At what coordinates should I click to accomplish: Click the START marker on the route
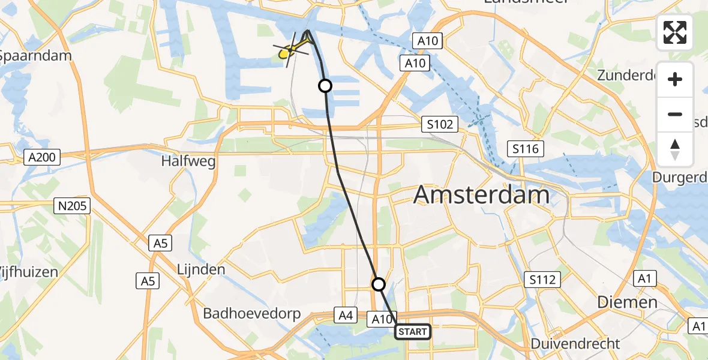pos(413,332)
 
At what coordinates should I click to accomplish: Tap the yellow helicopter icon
pos(291,50)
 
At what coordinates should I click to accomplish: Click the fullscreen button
pos(675,32)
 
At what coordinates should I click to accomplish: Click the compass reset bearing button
pos(675,149)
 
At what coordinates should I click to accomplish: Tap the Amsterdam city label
pos(482,195)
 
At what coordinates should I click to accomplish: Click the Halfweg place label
pos(188,162)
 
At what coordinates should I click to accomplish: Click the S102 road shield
pos(439,124)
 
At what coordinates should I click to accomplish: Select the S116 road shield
pos(525,149)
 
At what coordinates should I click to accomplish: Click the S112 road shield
pos(542,279)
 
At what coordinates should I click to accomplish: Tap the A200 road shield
pos(43,158)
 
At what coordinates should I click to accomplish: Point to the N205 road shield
pos(72,206)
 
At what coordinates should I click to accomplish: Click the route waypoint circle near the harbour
pos(325,86)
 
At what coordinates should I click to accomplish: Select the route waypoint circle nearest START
pos(378,284)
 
